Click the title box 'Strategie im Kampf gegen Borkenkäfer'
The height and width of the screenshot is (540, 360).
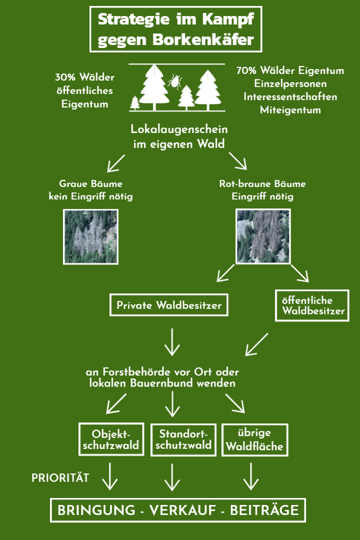tap(175, 29)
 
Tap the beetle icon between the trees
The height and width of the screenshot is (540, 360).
tap(174, 81)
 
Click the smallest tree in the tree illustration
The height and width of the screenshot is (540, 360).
tap(135, 103)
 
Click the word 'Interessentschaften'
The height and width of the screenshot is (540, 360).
tap(290, 96)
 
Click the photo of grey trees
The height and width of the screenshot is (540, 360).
tap(91, 236)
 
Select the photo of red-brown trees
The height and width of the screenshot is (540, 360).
tap(263, 236)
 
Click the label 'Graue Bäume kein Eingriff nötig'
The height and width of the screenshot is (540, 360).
tap(90, 190)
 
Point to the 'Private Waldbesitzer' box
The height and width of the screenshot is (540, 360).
tap(169, 305)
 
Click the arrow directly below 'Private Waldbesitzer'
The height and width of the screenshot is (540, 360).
tap(171, 341)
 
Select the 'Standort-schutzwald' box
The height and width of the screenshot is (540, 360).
tap(183, 439)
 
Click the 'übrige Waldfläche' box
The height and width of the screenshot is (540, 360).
tap(254, 439)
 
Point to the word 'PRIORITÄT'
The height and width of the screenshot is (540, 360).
tap(60, 478)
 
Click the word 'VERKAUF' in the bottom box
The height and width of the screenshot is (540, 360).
tap(181, 510)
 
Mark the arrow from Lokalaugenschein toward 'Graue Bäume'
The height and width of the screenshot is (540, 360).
tap(115, 162)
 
